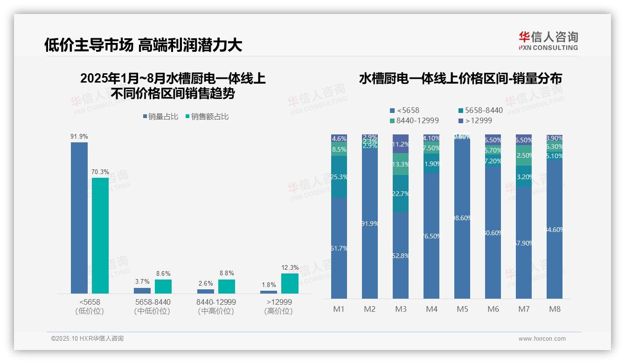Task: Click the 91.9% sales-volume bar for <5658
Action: [x=79, y=217]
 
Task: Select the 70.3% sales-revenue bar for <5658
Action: [x=100, y=235]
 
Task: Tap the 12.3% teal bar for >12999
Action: [x=290, y=283]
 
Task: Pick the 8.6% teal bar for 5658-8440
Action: [x=163, y=286]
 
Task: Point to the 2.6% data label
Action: [x=206, y=283]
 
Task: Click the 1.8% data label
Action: [x=269, y=285]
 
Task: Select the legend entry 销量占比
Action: [x=160, y=117]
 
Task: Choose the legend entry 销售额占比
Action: [x=207, y=117]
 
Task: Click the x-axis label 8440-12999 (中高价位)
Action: [x=216, y=306]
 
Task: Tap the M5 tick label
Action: [x=462, y=309]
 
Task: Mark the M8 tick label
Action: [x=555, y=309]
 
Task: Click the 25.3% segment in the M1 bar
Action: [x=339, y=176]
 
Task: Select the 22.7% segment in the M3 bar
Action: [x=401, y=194]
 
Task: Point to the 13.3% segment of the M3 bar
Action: [x=401, y=164]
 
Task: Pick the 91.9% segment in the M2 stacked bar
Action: [x=370, y=224]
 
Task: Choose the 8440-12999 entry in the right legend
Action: [x=414, y=121]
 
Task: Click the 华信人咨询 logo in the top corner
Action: [x=548, y=41]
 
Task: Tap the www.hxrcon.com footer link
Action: [x=542, y=339]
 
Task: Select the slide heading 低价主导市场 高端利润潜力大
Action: [x=143, y=45]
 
